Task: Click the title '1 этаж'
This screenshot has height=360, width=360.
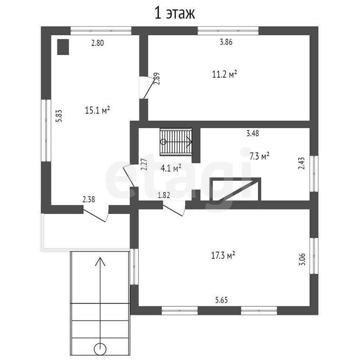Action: (x=175, y=13)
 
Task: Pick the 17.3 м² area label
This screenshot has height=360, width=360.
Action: (x=223, y=256)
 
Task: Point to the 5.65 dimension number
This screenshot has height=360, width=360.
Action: (x=221, y=300)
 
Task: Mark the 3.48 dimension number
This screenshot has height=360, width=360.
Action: (x=252, y=133)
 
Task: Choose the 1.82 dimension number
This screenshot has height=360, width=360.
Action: (x=164, y=195)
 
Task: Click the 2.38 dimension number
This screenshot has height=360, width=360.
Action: (x=89, y=200)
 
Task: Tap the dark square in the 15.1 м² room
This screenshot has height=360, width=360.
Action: (x=63, y=47)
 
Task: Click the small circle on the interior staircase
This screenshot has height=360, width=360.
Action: (x=164, y=142)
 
